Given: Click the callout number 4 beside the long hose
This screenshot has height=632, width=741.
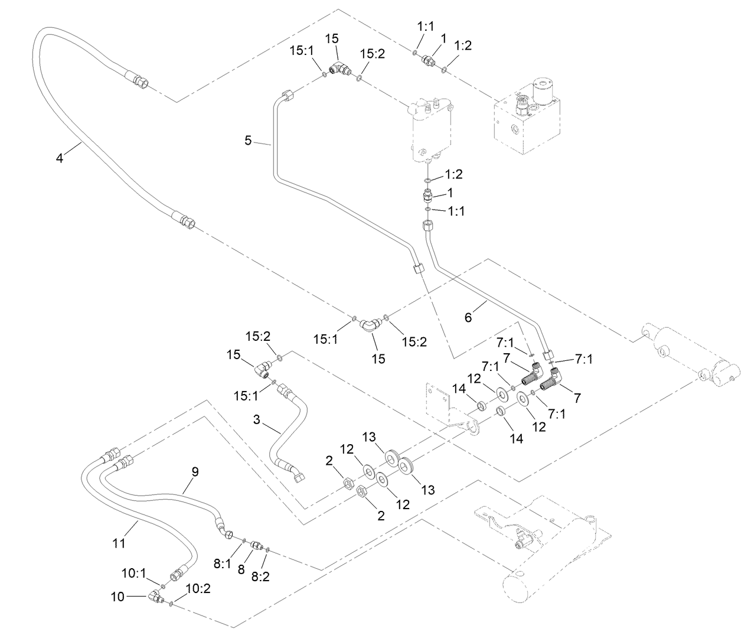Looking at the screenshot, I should (59, 158).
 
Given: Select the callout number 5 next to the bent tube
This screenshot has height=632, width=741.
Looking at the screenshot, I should (249, 141).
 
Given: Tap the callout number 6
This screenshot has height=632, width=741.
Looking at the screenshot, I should (468, 318).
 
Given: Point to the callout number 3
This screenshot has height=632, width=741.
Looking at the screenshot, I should (256, 420).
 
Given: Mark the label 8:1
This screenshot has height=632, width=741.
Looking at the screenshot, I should (222, 564).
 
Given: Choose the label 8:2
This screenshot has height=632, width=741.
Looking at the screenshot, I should (260, 576).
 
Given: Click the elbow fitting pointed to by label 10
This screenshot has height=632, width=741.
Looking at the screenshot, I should (157, 598).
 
